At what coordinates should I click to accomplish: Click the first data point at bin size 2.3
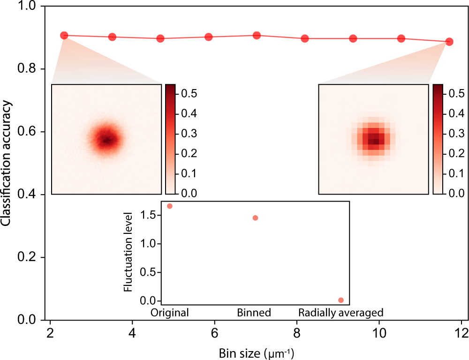click(64, 36)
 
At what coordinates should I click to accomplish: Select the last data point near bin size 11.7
click(449, 42)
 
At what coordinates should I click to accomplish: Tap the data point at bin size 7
click(257, 36)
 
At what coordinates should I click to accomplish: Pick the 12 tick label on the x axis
click(461, 336)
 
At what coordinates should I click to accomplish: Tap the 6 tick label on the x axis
click(215, 336)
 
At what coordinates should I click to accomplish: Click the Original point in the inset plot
click(170, 206)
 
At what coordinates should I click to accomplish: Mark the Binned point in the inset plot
click(255, 217)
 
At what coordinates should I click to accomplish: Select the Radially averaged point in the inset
click(341, 300)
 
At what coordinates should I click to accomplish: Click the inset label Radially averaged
click(341, 313)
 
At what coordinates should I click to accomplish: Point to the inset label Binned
click(254, 313)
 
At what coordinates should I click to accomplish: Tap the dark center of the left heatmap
click(106, 140)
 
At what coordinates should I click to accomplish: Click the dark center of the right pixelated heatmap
click(374, 140)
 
